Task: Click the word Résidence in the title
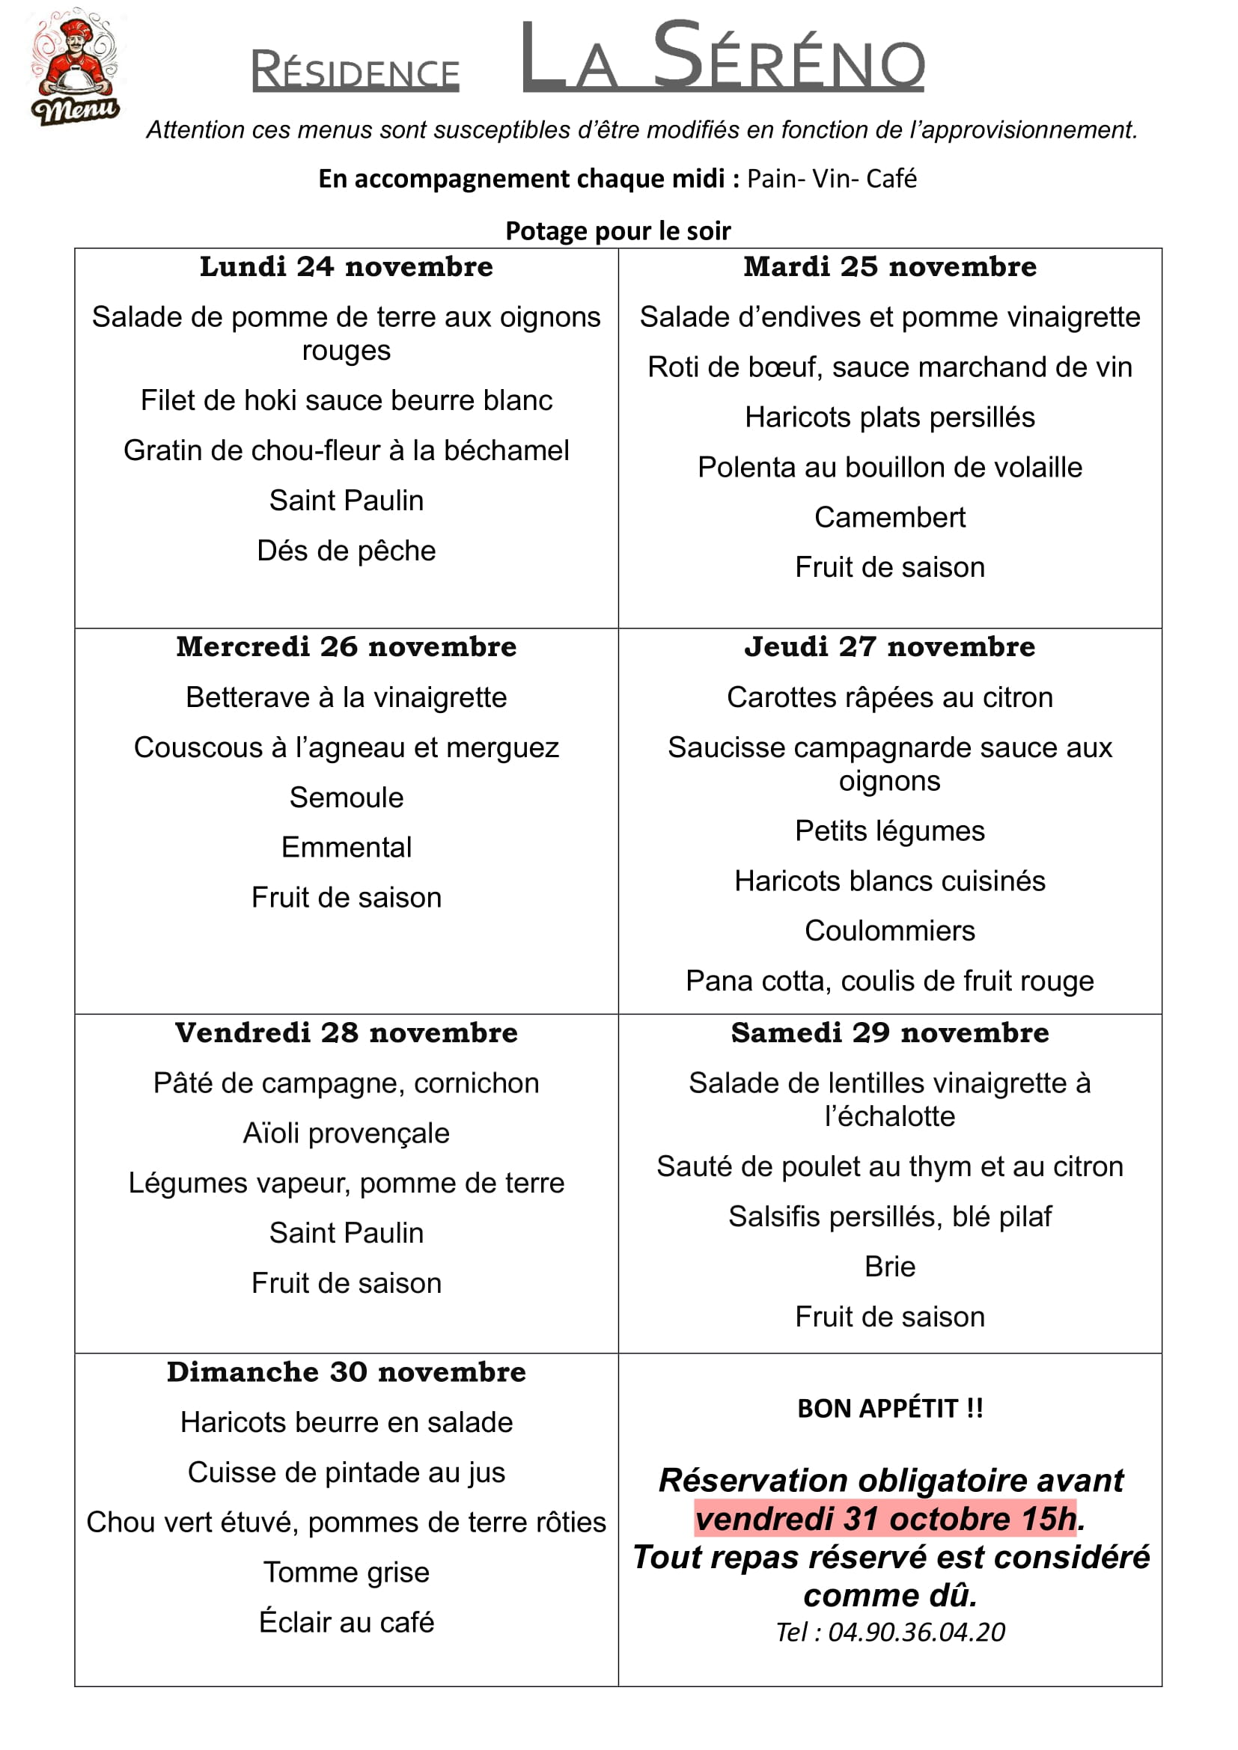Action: pyautogui.click(x=356, y=72)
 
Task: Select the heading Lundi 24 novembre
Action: pyautogui.click(x=346, y=267)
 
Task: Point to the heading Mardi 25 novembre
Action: pyautogui.click(x=890, y=267)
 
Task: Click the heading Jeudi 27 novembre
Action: pyautogui.click(x=890, y=647)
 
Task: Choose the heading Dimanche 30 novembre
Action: pyautogui.click(x=346, y=1372)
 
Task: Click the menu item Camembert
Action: pyautogui.click(x=890, y=518)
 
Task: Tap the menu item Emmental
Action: pyautogui.click(x=346, y=848)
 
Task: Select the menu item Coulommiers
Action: pyautogui.click(x=890, y=931)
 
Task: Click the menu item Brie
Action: pyautogui.click(x=890, y=1267)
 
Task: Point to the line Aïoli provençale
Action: pyautogui.click(x=346, y=1133)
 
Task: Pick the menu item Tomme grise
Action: pyautogui.click(x=346, y=1573)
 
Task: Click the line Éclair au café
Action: pyautogui.click(x=346, y=1623)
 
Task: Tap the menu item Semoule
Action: pyautogui.click(x=346, y=798)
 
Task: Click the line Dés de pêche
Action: pyautogui.click(x=346, y=551)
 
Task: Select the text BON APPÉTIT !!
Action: pyautogui.click(x=890, y=1409)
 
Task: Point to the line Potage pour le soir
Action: pyautogui.click(x=618, y=231)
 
